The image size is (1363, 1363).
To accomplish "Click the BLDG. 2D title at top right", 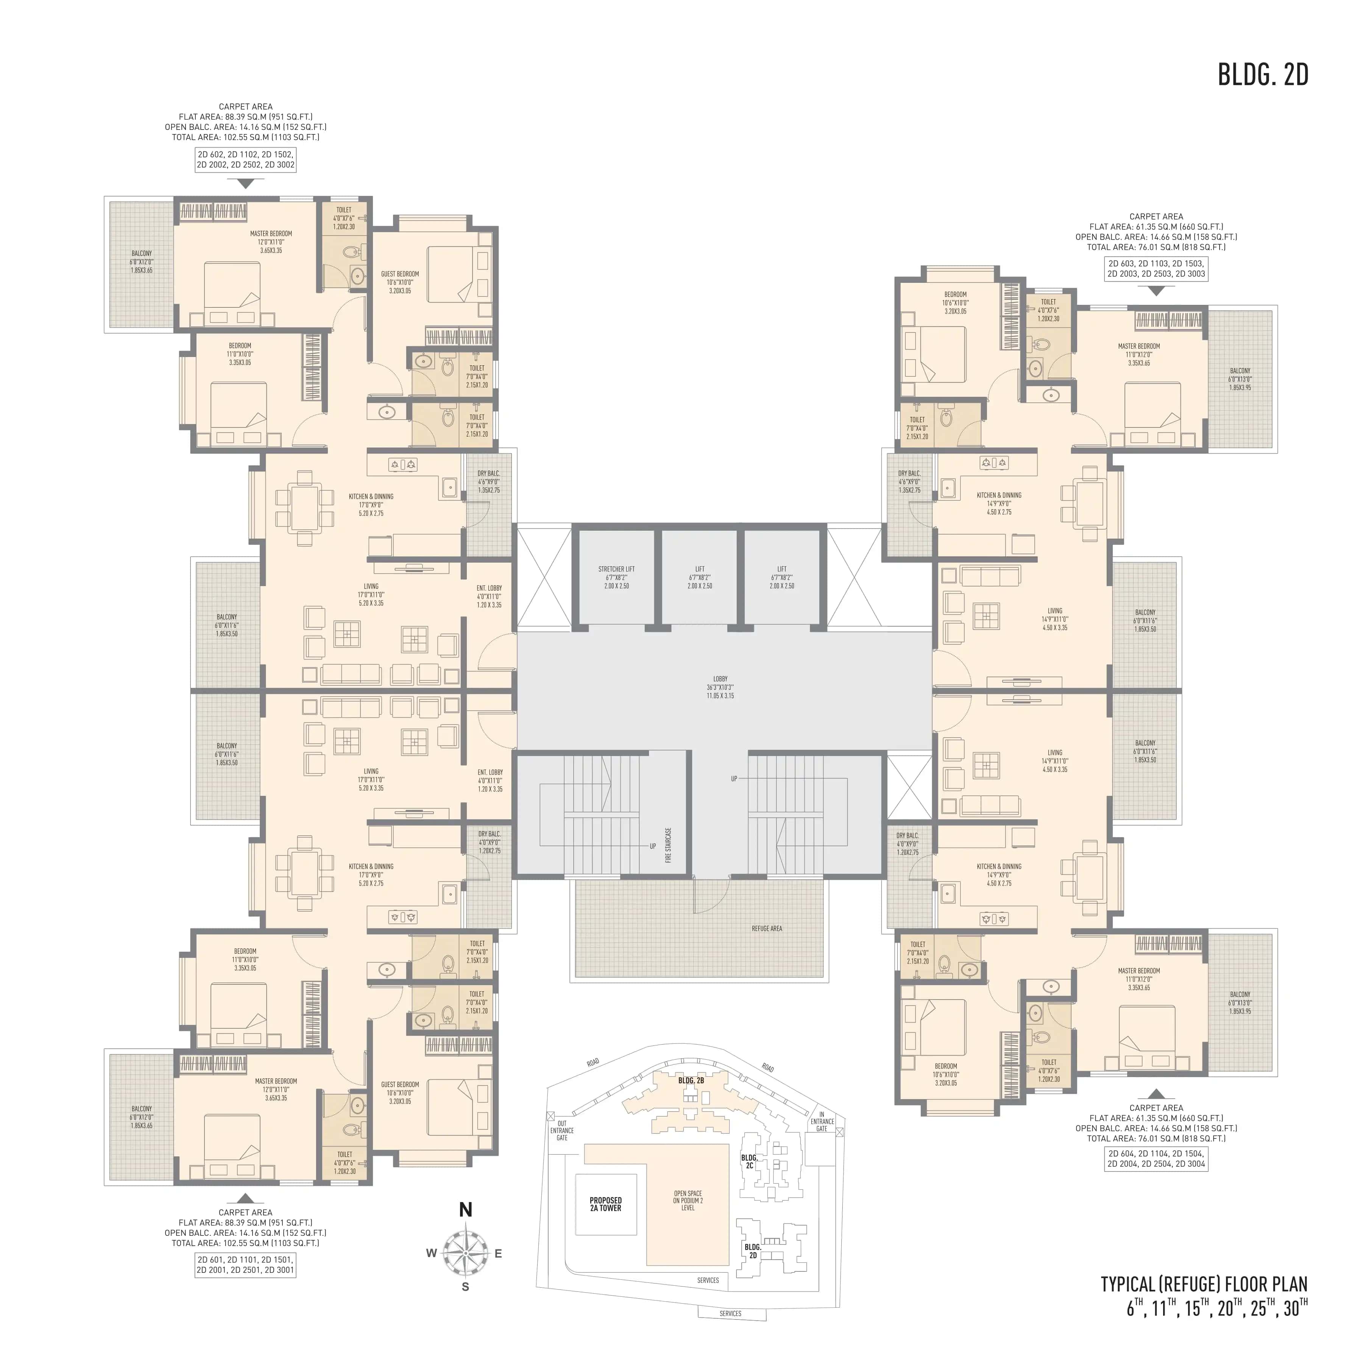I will pyautogui.click(x=1263, y=75).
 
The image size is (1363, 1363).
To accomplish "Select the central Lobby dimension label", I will pyautogui.click(x=720, y=687).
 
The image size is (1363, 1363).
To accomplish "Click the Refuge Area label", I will pyautogui.click(x=766, y=928).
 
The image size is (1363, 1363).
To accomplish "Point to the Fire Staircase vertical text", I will pyautogui.click(x=668, y=845).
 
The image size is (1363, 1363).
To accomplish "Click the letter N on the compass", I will pyautogui.click(x=466, y=1210).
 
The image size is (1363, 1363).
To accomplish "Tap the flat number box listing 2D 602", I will pyautogui.click(x=245, y=159).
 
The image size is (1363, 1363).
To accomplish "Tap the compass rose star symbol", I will pyautogui.click(x=466, y=1253).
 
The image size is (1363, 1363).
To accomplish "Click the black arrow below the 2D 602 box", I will pyautogui.click(x=245, y=183).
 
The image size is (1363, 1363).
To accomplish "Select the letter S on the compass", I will pyautogui.click(x=466, y=1287).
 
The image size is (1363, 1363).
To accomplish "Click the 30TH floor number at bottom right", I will pyautogui.click(x=1295, y=1309).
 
